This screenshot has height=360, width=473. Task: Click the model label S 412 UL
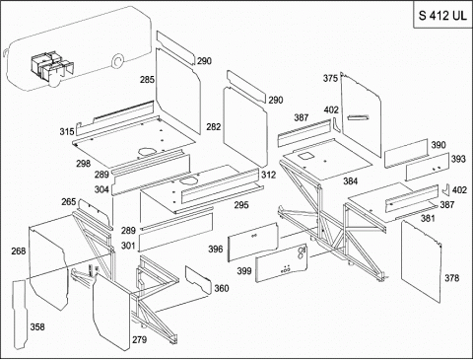coord(442,16)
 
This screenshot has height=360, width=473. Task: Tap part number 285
coord(147,80)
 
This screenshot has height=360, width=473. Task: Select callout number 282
coord(214,126)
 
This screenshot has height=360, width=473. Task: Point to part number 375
coord(330,78)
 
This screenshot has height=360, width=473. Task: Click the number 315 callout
coord(67,132)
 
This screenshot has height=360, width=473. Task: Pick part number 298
coord(84,164)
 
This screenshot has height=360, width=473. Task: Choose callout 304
coord(101,189)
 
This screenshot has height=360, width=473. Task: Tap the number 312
coord(269,175)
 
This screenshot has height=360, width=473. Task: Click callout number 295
coord(241,205)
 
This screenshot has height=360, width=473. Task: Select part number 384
coord(351,180)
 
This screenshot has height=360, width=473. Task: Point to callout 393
coord(458,159)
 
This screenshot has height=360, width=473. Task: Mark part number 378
coord(452,278)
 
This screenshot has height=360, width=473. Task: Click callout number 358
coord(37,326)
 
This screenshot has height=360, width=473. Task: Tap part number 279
coord(139,339)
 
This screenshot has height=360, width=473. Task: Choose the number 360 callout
coord(222,288)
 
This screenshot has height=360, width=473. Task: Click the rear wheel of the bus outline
coord(116,61)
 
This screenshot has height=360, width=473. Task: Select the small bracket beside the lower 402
coord(446,190)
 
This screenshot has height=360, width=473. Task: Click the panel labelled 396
coord(253,242)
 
